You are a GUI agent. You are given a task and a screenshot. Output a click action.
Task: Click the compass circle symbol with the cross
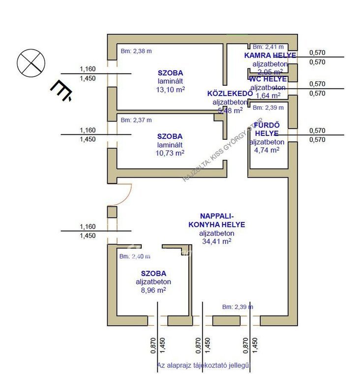[x=31, y=63]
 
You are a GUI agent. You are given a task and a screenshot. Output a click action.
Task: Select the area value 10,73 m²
[x=170, y=153]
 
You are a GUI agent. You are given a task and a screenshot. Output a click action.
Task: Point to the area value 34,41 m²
[x=216, y=241]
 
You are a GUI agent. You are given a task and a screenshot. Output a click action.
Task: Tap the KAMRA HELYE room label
[x=270, y=55]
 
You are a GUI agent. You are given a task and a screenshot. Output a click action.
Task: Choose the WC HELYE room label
[x=268, y=79]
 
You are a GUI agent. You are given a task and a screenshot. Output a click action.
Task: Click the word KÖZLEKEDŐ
[x=230, y=93]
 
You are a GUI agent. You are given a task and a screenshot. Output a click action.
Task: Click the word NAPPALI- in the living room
[x=216, y=216]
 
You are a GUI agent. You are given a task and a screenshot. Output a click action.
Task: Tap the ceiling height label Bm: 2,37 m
[x=136, y=120]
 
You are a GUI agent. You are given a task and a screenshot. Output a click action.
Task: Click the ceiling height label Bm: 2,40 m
[x=135, y=256]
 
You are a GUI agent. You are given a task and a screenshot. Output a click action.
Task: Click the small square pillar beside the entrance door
[x=112, y=212]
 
